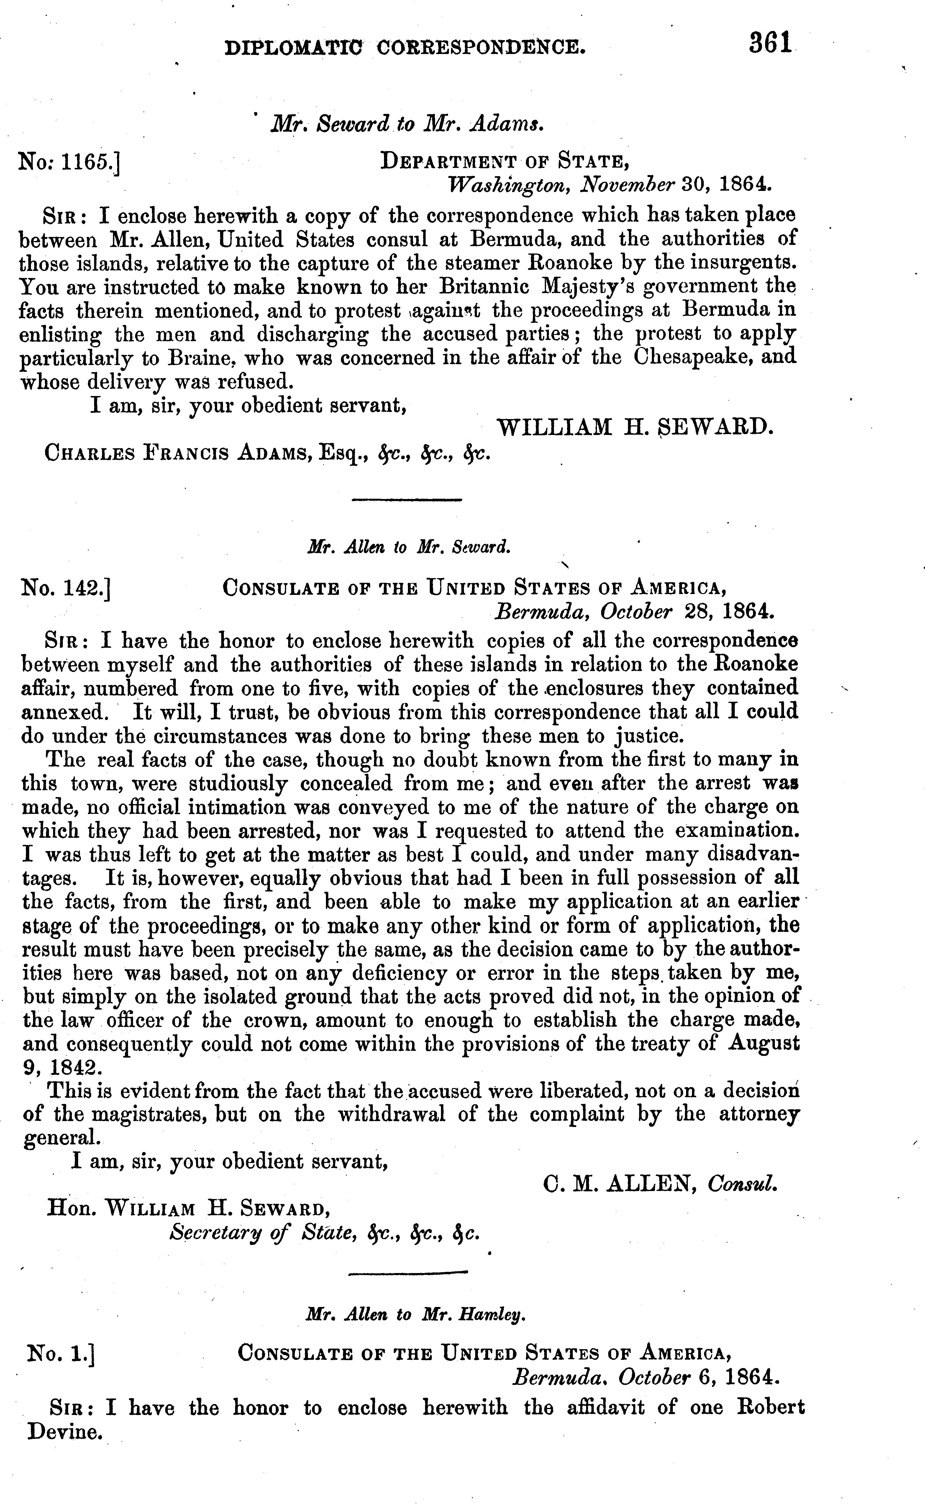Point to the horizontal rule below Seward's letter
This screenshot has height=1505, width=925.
(x=407, y=501)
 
